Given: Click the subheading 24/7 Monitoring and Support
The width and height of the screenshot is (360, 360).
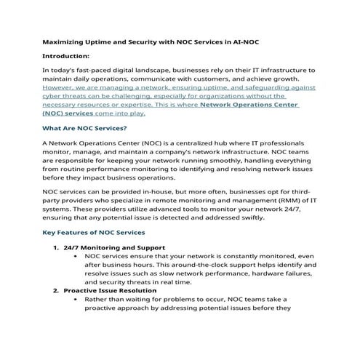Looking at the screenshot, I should [114, 248].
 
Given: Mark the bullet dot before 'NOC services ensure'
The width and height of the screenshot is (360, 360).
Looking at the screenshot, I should [76, 257].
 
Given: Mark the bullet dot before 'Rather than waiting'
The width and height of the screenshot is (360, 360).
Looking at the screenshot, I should [76, 299].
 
